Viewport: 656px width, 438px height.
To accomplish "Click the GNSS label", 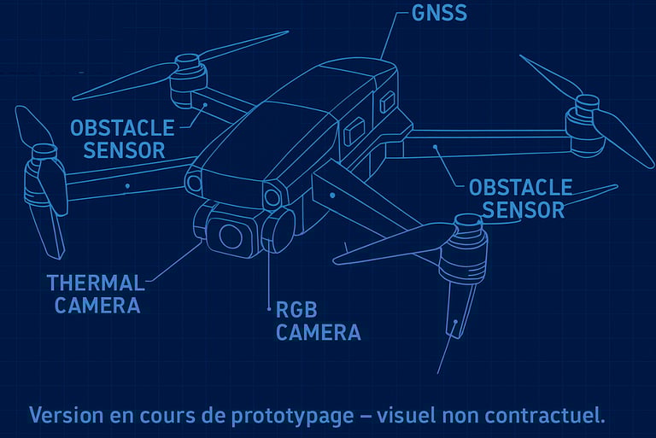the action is click(439, 13).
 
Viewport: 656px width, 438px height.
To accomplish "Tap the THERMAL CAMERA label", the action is click(96, 294).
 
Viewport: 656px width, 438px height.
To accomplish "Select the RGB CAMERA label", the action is click(318, 321).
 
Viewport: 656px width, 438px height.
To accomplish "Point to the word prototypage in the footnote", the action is click(293, 417).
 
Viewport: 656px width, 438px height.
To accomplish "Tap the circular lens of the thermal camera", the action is click(231, 237).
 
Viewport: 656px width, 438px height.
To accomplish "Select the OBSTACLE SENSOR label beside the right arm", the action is click(521, 199).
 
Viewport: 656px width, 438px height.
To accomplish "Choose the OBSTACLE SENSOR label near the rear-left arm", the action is click(122, 139).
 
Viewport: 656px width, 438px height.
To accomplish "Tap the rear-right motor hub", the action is click(586, 126).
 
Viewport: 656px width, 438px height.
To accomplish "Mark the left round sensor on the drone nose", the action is click(194, 184).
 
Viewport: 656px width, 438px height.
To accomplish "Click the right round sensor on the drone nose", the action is click(272, 197).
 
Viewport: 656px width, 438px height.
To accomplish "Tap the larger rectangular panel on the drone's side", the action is click(354, 131).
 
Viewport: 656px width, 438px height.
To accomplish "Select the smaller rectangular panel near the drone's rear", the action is click(388, 102).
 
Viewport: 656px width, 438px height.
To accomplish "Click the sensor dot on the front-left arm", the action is click(127, 186).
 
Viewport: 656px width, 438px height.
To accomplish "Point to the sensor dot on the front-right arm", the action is click(332, 196).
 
